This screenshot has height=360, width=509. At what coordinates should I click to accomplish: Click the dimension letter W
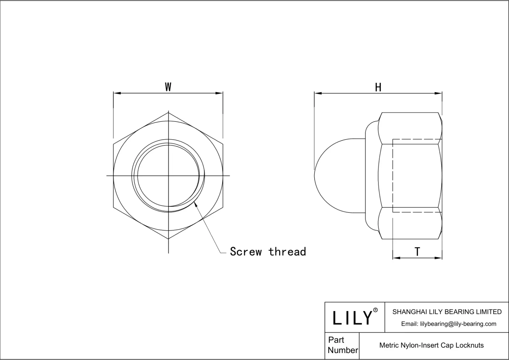(168, 87)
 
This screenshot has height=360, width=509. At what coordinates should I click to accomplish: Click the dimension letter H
(378, 87)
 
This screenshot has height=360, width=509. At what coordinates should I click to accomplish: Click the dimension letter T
(417, 252)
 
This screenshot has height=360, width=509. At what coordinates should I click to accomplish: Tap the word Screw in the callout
(246, 252)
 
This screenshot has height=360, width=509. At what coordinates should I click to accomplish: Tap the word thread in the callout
(287, 252)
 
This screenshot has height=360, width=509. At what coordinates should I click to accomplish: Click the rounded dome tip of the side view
(315, 176)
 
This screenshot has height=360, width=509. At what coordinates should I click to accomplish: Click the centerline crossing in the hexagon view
(168, 176)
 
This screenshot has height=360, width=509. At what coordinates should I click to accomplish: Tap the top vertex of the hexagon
(168, 112)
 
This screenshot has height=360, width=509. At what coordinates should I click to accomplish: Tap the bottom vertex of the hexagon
(168, 239)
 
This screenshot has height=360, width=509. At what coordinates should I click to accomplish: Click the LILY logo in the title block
(352, 318)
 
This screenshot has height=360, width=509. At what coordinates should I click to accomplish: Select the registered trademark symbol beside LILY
(375, 310)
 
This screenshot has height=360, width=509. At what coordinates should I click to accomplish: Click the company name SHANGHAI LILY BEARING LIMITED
(447, 312)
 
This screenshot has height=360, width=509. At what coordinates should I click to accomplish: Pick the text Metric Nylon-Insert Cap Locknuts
(431, 345)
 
